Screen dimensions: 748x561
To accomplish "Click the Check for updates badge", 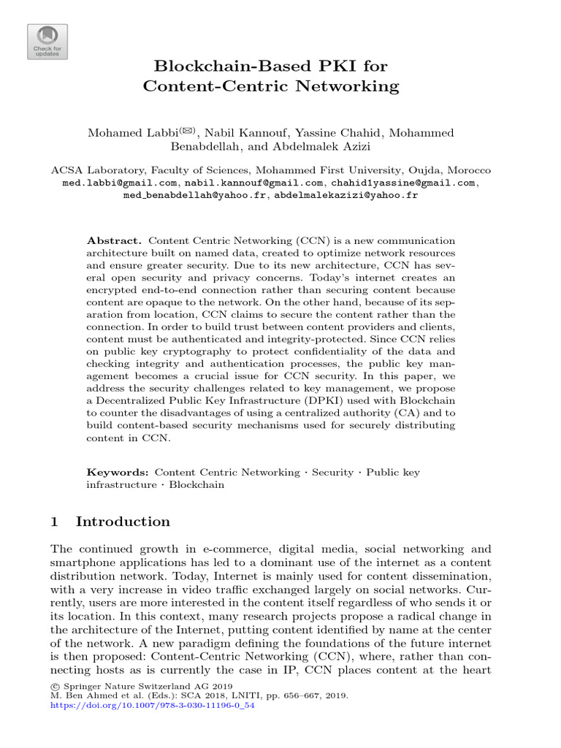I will [x=47, y=41].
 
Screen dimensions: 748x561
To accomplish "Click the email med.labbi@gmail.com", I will [x=120, y=183].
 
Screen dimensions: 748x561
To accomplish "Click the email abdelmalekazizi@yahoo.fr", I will [x=346, y=196].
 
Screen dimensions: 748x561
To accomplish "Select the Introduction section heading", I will [x=123, y=522].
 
